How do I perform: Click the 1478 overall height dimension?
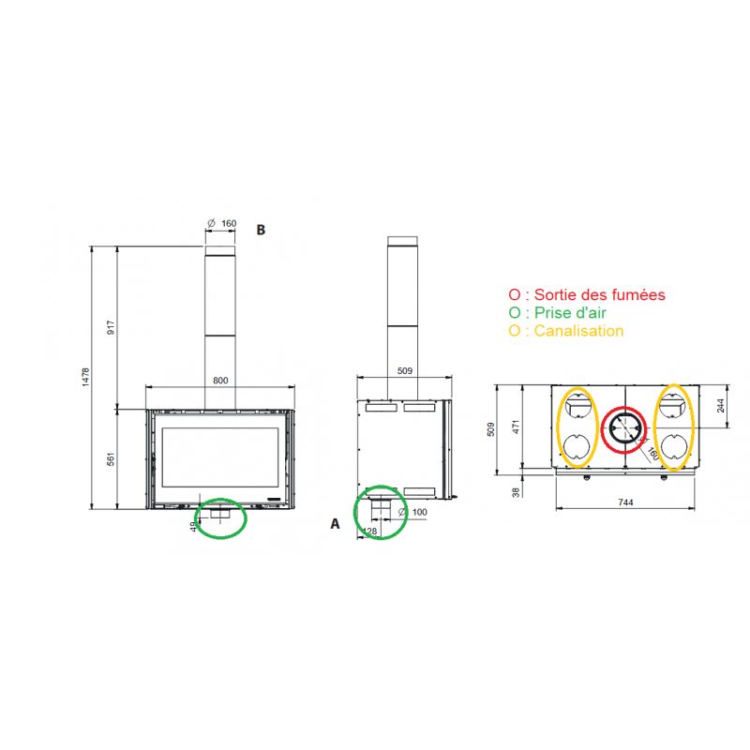click(85, 377)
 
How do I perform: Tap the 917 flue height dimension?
click(111, 327)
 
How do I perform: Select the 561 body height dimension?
click(111, 458)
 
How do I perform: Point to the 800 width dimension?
click(220, 381)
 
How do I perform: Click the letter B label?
click(261, 230)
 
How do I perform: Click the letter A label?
click(336, 524)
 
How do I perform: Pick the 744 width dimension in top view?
click(625, 502)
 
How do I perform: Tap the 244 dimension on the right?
click(721, 406)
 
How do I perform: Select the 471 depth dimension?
click(517, 427)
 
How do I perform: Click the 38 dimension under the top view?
click(516, 492)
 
